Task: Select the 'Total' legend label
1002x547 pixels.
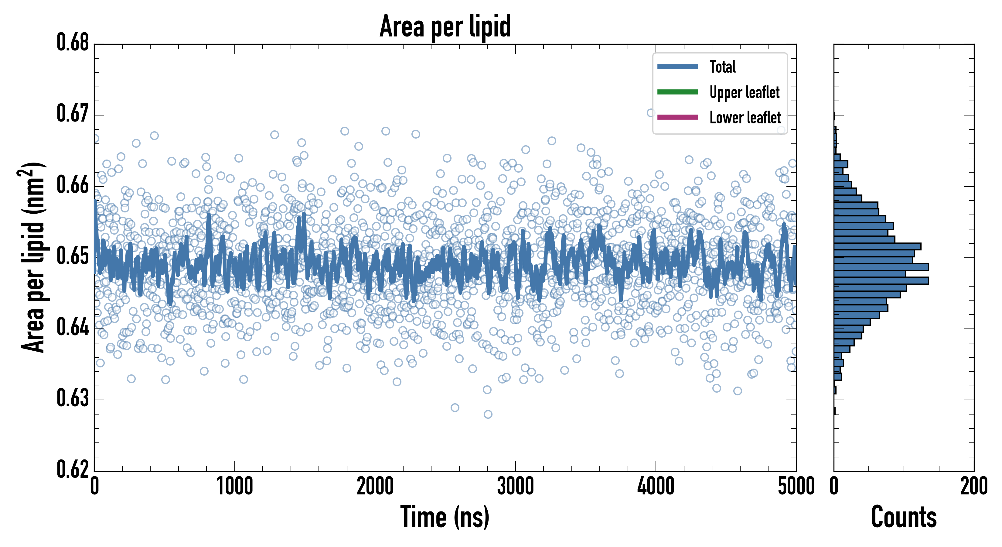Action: tap(722, 67)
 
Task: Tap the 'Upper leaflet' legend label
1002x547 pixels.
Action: tap(744, 92)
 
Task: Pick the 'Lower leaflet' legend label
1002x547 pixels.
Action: tap(745, 118)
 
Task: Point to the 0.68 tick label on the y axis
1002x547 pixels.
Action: tap(73, 43)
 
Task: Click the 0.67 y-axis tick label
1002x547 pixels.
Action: tap(73, 114)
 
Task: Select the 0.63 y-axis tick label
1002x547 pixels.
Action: tap(73, 398)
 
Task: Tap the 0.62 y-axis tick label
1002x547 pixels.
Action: tap(73, 469)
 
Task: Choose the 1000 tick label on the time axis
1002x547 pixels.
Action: tap(234, 486)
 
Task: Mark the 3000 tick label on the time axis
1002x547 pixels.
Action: tap(515, 486)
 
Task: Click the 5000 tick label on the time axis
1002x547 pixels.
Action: tap(796, 486)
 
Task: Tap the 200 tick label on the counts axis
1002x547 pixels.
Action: tap(973, 486)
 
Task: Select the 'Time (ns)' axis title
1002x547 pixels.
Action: tap(445, 517)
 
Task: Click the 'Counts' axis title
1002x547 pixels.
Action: tap(904, 517)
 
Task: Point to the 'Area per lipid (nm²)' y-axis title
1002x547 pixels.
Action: tap(33, 257)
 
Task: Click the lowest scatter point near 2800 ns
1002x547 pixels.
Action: tap(488, 414)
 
